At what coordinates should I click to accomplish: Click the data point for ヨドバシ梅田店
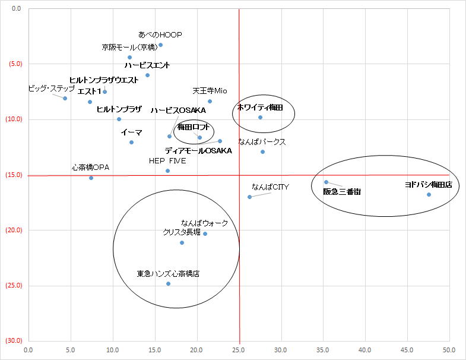click(x=429, y=194)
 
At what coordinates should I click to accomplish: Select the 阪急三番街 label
click(x=341, y=191)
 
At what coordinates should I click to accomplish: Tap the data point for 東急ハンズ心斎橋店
click(x=168, y=283)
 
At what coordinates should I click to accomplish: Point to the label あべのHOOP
click(x=160, y=34)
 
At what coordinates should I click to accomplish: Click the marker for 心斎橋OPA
click(x=91, y=178)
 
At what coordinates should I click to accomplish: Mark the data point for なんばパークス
click(x=262, y=151)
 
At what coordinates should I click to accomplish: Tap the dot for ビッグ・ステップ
click(x=65, y=98)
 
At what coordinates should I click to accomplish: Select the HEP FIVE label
click(x=167, y=160)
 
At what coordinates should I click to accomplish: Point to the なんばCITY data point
click(x=249, y=197)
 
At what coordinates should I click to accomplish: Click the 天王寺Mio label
click(x=210, y=91)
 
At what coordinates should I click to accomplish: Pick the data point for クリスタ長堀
click(x=182, y=242)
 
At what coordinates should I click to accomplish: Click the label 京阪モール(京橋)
click(x=128, y=47)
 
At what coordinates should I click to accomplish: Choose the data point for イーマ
click(x=131, y=142)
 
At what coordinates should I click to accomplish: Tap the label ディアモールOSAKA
click(x=198, y=150)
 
